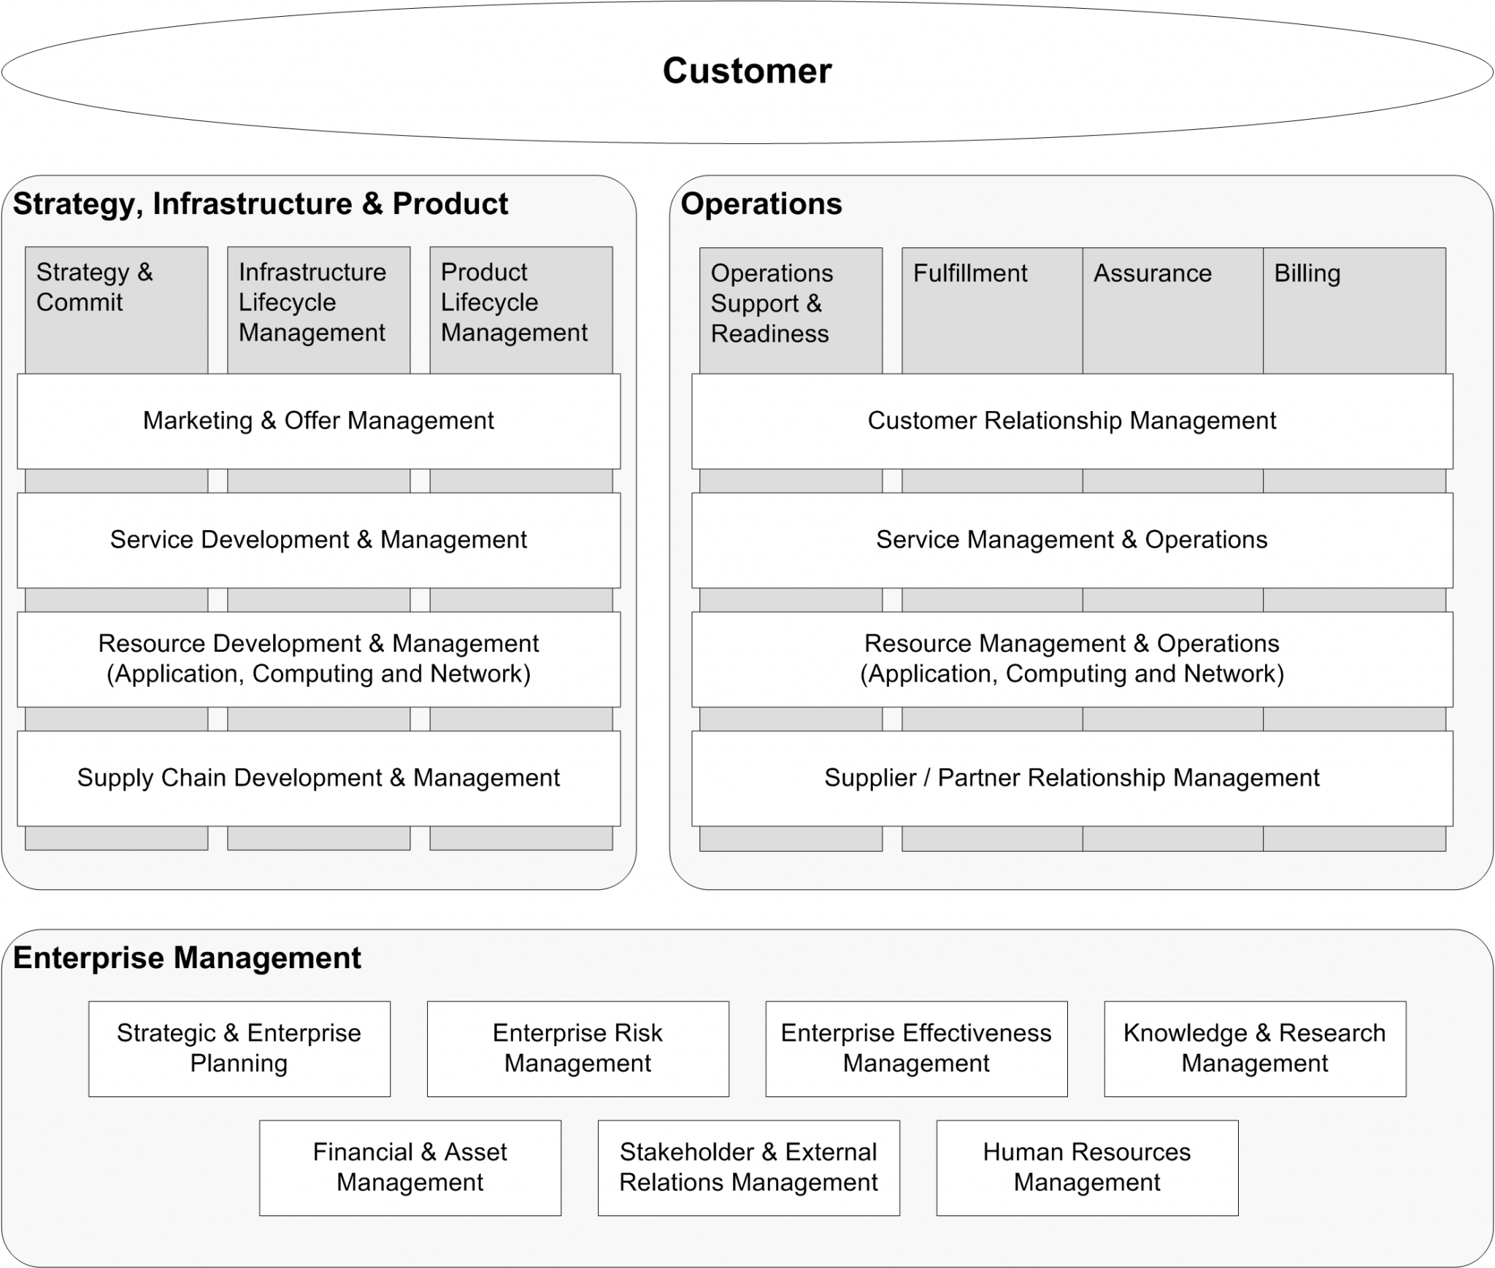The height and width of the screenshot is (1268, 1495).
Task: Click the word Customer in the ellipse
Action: pyautogui.click(x=747, y=71)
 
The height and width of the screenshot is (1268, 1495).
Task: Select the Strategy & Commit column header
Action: pyautogui.click(x=95, y=287)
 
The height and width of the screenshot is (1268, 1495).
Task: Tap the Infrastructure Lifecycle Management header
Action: pyautogui.click(x=312, y=302)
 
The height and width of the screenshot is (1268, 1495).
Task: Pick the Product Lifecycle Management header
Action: pyautogui.click(x=514, y=302)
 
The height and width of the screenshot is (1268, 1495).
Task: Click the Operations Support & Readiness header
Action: pyautogui.click(x=772, y=304)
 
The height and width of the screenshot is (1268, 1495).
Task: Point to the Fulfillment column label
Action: pyautogui.click(x=969, y=274)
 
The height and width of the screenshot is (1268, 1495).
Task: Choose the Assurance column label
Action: pyautogui.click(x=1152, y=274)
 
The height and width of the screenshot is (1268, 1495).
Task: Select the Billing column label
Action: pyautogui.click(x=1307, y=274)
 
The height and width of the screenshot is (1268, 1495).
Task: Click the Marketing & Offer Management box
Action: pyautogui.click(x=318, y=421)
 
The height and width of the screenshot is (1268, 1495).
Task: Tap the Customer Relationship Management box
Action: pyautogui.click(x=1072, y=421)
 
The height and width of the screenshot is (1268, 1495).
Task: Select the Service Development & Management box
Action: pyautogui.click(x=318, y=540)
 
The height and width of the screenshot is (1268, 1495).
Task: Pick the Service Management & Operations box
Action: pyautogui.click(x=1072, y=540)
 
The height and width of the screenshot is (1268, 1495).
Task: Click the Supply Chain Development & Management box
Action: pyautogui.click(x=318, y=778)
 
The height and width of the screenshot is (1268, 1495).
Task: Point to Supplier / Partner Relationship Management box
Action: pyautogui.click(x=1072, y=778)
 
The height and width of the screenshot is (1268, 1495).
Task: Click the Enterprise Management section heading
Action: pyautogui.click(x=187, y=958)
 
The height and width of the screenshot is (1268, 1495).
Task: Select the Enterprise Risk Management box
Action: pyautogui.click(x=577, y=1048)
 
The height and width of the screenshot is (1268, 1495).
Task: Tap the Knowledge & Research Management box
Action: pyautogui.click(x=1254, y=1048)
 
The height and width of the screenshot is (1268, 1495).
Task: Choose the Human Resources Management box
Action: pyautogui.click(x=1086, y=1167)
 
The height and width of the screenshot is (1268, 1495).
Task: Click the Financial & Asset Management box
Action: pyautogui.click(x=410, y=1167)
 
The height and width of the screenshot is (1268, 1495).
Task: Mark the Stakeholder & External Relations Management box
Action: pyautogui.click(x=748, y=1167)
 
